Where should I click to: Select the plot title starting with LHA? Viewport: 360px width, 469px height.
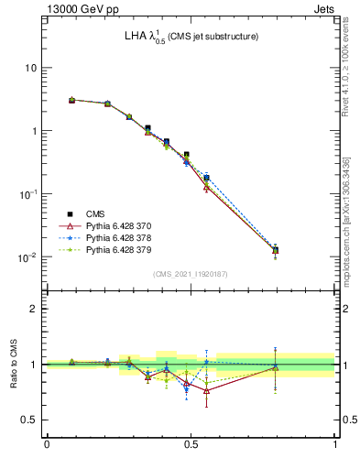[x=191, y=37]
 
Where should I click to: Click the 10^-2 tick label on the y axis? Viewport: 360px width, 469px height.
[x=27, y=257]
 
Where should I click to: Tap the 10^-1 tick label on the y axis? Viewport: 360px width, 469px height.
[x=27, y=194]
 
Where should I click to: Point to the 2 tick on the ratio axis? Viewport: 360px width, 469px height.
[x=33, y=309]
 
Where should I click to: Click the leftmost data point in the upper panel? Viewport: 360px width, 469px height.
[x=72, y=100]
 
